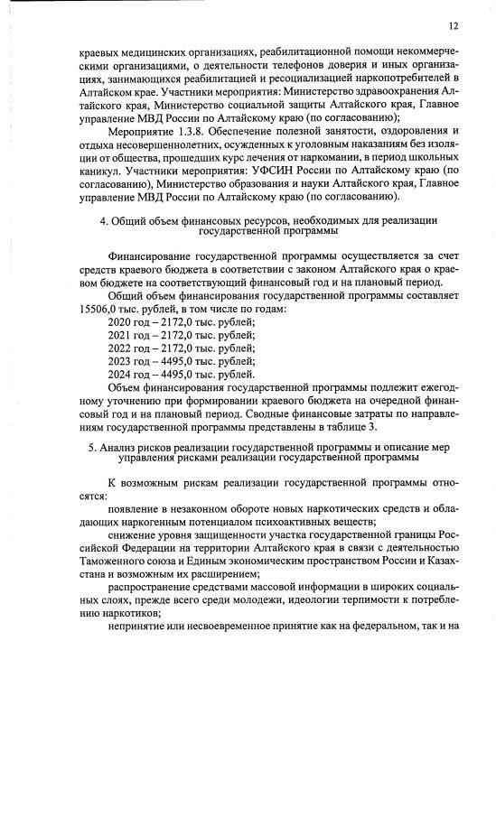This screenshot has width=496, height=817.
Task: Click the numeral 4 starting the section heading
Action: coord(102,220)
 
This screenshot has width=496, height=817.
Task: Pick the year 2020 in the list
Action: coord(121,322)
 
